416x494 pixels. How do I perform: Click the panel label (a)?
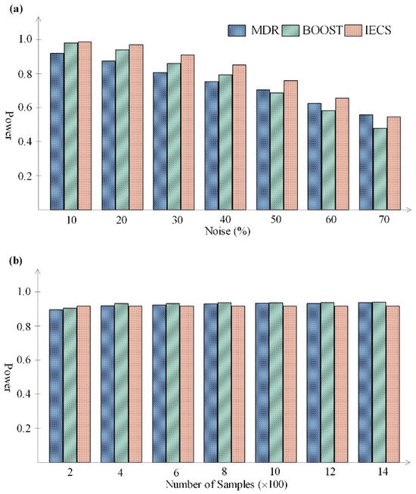coord(11,9)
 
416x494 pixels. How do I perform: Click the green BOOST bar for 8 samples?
coord(223,382)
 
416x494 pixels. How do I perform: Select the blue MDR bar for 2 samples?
coord(57,385)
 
